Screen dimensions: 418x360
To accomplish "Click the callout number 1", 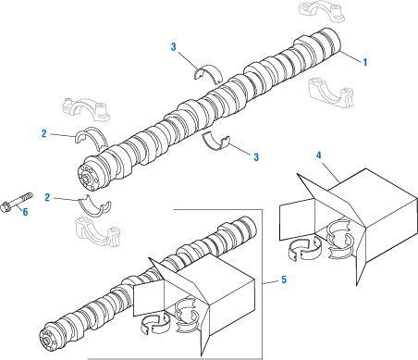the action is point(365,62).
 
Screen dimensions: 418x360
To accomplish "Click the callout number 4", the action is point(318,155).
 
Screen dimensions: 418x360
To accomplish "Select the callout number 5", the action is point(284,279).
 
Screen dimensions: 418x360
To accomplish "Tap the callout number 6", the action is point(25,212).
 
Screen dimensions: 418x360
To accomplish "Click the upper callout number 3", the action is point(174,47).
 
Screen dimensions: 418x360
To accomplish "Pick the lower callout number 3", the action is point(256,157).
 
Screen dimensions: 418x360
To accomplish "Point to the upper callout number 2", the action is point(44,133).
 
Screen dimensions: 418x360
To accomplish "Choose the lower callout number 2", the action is point(47,197).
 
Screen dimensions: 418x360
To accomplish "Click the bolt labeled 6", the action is point(17,202).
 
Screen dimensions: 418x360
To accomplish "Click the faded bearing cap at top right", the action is point(322,11).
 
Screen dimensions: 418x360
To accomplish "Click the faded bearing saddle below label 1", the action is point(331,93).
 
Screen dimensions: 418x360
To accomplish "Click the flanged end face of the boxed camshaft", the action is point(48,341).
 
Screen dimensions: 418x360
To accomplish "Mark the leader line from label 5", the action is point(270,282).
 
